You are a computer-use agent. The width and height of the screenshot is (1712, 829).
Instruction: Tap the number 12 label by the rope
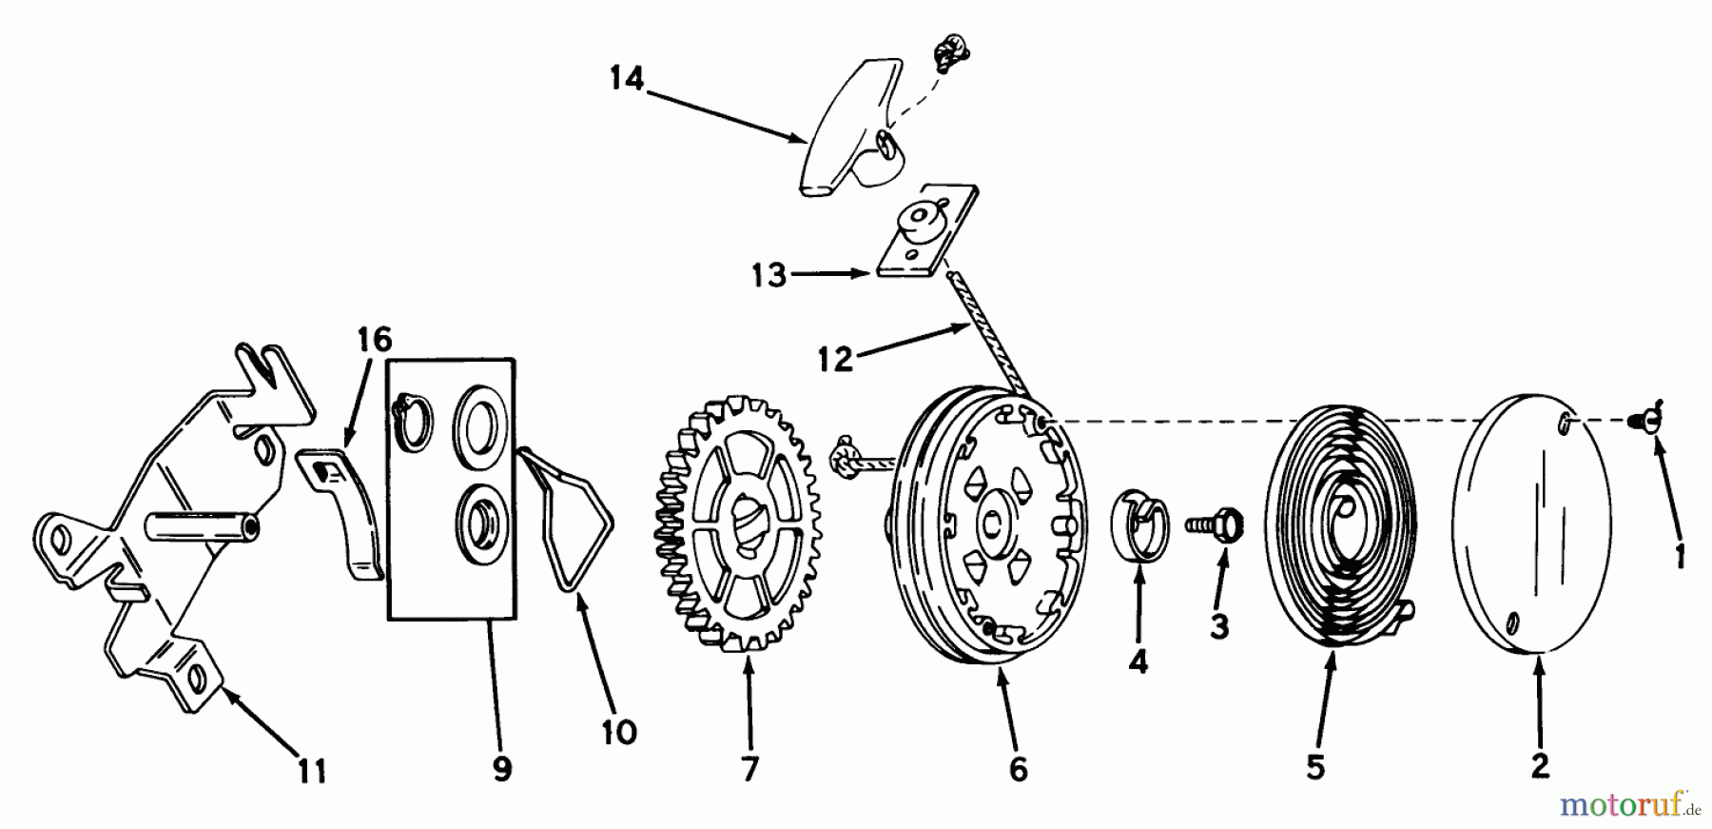click(835, 360)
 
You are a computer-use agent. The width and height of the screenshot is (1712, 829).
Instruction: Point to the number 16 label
click(375, 340)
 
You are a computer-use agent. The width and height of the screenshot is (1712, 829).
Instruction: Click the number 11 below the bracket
click(312, 770)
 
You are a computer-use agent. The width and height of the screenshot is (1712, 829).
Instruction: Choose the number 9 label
click(502, 768)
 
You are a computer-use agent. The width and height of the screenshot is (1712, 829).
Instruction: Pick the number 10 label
click(618, 732)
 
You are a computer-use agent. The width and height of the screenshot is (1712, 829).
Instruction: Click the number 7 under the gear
click(749, 768)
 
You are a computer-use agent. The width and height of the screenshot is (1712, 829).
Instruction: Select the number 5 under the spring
click(1315, 767)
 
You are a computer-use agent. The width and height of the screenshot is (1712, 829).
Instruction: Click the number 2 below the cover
click(1540, 764)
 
